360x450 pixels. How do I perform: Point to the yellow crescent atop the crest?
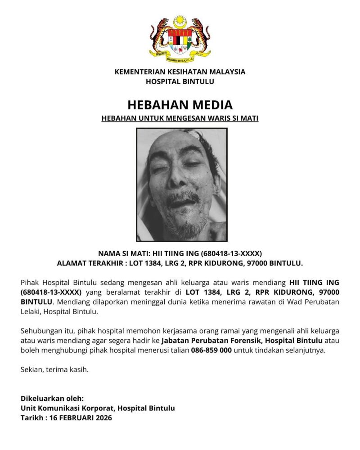pyautogui.click(x=180, y=21)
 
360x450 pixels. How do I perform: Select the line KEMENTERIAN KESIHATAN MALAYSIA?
pyautogui.click(x=180, y=72)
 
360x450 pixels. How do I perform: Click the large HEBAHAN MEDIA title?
pyautogui.click(x=180, y=105)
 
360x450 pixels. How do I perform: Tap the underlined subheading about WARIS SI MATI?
pyautogui.click(x=180, y=119)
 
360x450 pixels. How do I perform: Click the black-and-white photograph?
pyautogui.click(x=181, y=184)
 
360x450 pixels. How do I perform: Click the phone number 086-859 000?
pyautogui.click(x=211, y=350)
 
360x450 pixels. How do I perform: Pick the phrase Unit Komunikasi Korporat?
pyautogui.click(x=66, y=408)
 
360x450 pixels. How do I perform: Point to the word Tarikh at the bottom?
pyautogui.click(x=31, y=418)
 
